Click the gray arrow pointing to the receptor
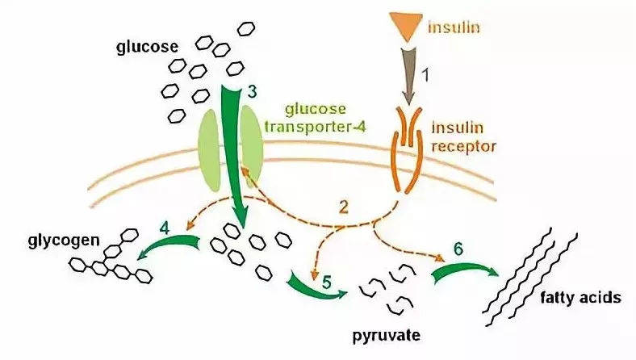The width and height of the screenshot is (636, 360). [x=408, y=81]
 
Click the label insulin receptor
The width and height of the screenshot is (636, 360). [x=464, y=136]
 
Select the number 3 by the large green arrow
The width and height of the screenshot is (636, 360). [x=252, y=92]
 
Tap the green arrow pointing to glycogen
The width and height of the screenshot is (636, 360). [x=170, y=247]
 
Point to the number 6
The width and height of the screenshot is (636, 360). [x=458, y=251]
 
